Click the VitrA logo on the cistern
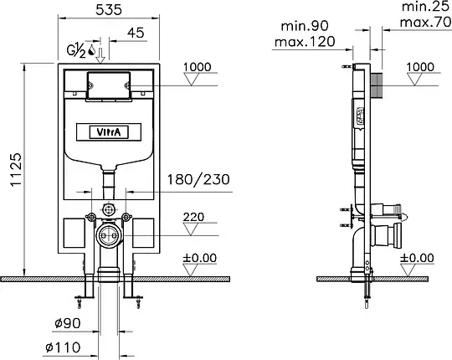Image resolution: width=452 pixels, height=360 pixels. point(109,132)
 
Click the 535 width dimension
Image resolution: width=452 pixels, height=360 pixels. point(109,10)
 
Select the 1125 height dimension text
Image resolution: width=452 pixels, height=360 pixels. point(16,169)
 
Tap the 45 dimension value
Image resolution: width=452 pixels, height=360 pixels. point(136,33)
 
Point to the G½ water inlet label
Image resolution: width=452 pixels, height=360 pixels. point(76,51)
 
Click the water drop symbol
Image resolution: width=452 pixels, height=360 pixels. point(92,49)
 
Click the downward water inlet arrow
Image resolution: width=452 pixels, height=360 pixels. point(100,55)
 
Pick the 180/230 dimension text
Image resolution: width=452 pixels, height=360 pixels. point(198,179)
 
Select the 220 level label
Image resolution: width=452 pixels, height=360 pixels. point(193,217)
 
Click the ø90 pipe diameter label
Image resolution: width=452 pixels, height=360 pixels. point(68,323)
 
